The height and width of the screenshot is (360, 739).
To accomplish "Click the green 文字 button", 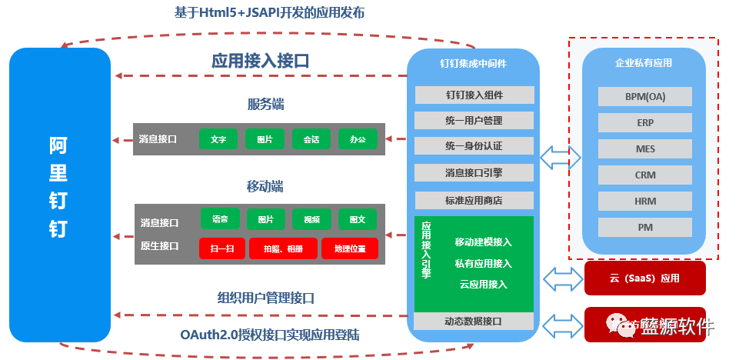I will click(x=218, y=139).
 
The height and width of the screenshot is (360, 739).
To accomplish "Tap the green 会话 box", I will click(x=311, y=139).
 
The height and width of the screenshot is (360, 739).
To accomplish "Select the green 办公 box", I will click(x=358, y=139).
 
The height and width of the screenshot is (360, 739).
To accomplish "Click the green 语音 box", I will click(x=220, y=218).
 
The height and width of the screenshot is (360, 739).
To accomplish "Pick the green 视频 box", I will click(x=311, y=218).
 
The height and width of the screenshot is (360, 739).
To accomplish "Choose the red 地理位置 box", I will click(x=350, y=248).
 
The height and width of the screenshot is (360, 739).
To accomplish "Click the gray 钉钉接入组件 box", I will click(x=474, y=95).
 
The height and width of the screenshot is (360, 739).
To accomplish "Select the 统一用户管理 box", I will click(x=474, y=121).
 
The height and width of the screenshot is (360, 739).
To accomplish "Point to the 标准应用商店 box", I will click(x=474, y=200).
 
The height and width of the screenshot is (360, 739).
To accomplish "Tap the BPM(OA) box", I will click(x=645, y=96).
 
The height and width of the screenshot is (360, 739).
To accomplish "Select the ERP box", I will click(x=645, y=122).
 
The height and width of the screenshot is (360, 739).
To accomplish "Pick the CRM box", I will click(x=645, y=175).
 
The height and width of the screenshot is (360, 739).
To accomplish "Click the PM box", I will click(x=645, y=227).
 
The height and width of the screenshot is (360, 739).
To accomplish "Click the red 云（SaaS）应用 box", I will click(x=645, y=278).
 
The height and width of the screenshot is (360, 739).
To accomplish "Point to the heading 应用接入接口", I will click(x=260, y=62).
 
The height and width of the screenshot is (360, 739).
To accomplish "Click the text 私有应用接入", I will click(x=483, y=263).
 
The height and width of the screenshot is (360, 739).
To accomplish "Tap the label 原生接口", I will click(x=159, y=246).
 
